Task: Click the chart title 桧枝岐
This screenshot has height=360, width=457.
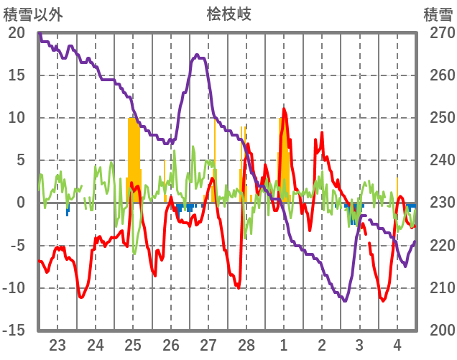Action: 229,14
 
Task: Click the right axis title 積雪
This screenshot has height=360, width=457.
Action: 437,14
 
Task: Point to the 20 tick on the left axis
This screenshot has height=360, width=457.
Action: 17,33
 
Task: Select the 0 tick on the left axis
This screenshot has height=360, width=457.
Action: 21,203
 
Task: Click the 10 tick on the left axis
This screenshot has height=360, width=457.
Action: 17,118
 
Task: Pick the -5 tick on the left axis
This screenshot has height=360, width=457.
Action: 17,245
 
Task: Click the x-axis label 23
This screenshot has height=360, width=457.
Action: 57,345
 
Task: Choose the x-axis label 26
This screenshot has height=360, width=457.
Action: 171,345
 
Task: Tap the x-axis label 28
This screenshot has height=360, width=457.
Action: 246,345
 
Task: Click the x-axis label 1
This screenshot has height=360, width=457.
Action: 284,345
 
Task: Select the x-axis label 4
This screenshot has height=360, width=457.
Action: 397,345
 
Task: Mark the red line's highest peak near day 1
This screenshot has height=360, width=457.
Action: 285,109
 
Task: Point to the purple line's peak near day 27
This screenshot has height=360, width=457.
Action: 196,55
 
